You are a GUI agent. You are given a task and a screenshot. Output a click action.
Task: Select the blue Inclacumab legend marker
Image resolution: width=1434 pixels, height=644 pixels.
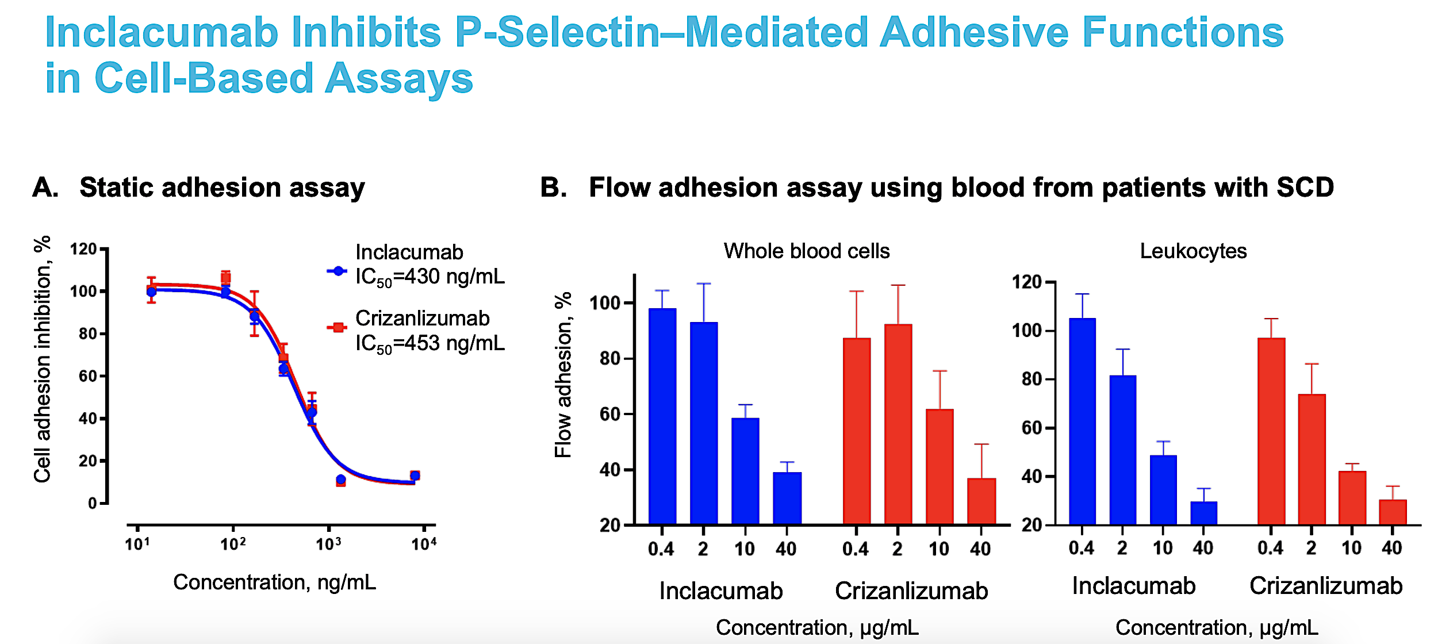[338, 271]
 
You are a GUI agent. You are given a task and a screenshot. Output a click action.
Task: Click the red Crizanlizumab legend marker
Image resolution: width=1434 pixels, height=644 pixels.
[338, 327]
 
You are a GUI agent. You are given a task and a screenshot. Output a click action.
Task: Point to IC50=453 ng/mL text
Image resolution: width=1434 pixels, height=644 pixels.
[430, 343]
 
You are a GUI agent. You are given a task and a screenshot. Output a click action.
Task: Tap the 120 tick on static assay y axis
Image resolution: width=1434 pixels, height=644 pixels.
[83, 250]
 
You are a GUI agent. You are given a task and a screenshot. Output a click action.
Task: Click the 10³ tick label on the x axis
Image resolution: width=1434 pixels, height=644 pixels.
[328, 544]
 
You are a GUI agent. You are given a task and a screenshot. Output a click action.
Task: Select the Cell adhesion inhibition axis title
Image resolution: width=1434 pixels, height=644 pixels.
[43, 359]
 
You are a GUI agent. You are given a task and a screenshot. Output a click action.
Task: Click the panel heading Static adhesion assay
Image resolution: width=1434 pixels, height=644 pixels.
[222, 187]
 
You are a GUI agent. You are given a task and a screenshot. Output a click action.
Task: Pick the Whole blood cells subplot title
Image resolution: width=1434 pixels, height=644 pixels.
[806, 251]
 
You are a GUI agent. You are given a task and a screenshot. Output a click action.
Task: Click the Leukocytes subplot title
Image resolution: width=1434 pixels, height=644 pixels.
[1193, 251]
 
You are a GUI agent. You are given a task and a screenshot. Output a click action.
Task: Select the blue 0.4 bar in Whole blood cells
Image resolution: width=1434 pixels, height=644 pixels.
[662, 416]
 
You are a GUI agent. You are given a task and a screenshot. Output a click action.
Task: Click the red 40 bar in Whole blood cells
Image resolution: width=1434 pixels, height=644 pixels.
[981, 501]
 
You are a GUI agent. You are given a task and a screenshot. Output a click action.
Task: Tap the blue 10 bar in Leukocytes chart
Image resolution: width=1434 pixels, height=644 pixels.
[1163, 489]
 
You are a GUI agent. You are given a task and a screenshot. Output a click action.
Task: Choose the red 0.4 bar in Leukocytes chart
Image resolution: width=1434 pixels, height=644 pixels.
[1271, 431]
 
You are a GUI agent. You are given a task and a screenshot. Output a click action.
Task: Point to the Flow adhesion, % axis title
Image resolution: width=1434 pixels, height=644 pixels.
[563, 374]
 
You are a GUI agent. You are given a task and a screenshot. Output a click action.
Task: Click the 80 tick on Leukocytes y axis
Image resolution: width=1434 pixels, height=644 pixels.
[1032, 379]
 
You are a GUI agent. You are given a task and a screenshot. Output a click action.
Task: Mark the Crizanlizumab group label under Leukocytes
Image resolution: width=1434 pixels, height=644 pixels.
[1326, 586]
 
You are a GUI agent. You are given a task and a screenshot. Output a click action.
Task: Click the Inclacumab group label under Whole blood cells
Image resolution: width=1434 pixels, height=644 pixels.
[720, 591]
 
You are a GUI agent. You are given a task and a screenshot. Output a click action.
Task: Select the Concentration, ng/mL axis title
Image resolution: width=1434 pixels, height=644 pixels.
[274, 582]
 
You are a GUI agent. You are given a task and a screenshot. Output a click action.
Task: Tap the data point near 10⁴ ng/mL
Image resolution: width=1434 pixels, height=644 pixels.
[415, 476]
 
